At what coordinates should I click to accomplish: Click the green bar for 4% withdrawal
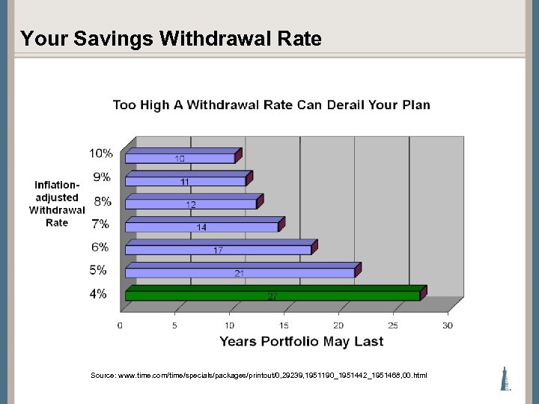click(272, 296)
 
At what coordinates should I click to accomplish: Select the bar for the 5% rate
click(240, 272)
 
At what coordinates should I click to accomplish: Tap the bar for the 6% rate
click(218, 249)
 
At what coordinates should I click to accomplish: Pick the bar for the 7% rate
click(201, 226)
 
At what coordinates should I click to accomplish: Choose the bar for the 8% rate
click(191, 203)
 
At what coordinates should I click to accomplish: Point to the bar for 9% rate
click(185, 180)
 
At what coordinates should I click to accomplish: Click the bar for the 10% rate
click(180, 158)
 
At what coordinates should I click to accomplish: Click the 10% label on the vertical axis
click(101, 153)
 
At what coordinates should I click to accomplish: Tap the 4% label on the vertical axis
click(98, 294)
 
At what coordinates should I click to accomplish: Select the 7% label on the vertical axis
click(99, 224)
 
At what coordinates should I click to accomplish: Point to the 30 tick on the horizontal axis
click(448, 325)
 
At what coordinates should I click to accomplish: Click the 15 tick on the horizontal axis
click(284, 325)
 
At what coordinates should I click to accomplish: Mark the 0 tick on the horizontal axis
click(121, 325)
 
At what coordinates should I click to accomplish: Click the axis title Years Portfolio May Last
click(301, 342)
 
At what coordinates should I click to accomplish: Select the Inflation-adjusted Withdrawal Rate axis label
click(57, 203)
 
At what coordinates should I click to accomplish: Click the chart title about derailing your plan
click(271, 105)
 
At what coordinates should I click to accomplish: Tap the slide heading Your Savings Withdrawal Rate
click(171, 39)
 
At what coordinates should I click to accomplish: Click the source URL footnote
click(258, 375)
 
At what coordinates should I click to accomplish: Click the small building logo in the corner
click(506, 379)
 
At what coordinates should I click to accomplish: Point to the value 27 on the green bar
click(272, 296)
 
